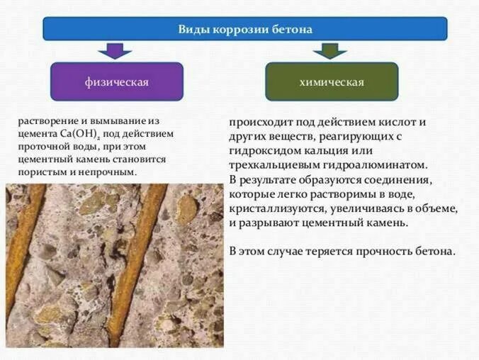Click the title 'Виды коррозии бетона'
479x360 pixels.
(x=244, y=29)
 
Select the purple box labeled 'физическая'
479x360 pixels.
(x=117, y=81)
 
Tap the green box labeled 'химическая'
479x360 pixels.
(x=332, y=81)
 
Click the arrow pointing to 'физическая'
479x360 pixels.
(x=115, y=50)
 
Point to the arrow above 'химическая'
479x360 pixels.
(x=329, y=50)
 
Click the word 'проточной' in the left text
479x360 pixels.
(x=42, y=147)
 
